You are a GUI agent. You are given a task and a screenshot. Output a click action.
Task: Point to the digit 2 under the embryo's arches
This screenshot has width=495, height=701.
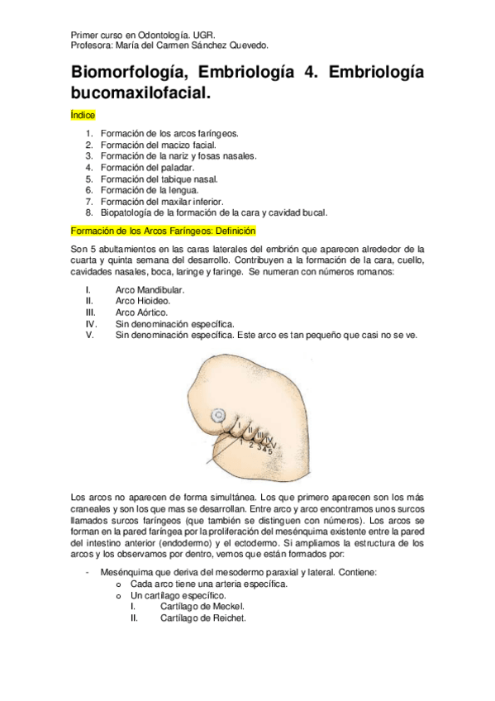[x=250, y=445]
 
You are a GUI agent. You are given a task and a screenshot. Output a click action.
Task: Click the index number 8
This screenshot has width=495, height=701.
[x=88, y=212]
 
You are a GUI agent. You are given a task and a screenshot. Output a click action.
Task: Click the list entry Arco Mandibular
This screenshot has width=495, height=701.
[x=150, y=290]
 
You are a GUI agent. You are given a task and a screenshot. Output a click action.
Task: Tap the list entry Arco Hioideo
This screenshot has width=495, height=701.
[x=145, y=302]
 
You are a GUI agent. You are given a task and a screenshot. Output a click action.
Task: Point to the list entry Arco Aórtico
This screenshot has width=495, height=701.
[x=142, y=312]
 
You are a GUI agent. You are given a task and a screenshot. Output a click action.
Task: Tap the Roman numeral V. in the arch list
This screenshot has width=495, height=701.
[x=89, y=335]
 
